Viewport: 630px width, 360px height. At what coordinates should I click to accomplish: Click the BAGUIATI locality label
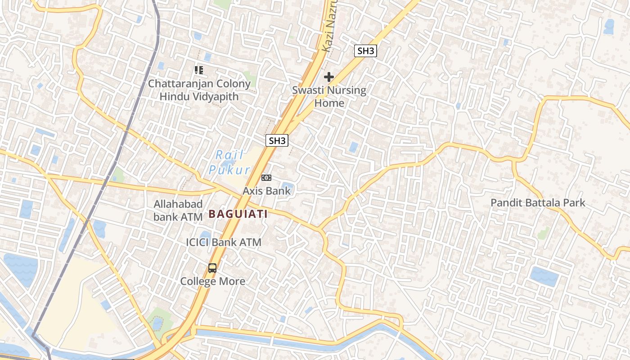coord(238,214)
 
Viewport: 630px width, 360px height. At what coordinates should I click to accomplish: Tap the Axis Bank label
coord(267,191)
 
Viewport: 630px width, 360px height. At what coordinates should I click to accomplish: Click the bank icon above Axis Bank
coord(266,178)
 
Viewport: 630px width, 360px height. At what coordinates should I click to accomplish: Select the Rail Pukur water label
coord(229,162)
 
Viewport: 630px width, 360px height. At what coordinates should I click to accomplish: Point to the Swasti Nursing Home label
coord(329,96)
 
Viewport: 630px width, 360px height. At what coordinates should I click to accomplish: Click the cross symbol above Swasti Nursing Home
coord(329,77)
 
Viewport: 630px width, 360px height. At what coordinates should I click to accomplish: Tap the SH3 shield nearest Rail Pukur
coord(277,140)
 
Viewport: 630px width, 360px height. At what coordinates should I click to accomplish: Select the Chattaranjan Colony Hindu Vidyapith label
coord(199,90)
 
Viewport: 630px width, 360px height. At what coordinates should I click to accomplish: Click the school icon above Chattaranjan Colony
coord(198,70)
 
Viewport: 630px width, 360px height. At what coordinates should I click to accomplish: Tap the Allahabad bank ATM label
coord(178,210)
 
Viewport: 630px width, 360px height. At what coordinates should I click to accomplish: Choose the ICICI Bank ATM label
coord(224,242)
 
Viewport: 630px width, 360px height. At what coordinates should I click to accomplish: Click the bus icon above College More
coord(212,268)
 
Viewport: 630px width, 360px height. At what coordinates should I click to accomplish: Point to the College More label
coord(213,281)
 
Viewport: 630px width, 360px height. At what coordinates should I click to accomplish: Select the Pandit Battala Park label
coord(538,202)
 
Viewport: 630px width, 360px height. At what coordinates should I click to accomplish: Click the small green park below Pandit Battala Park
coord(544,233)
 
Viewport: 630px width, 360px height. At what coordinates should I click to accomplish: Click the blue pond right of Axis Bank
coord(287,187)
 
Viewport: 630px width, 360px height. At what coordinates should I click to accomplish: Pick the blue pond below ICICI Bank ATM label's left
coord(205,235)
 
